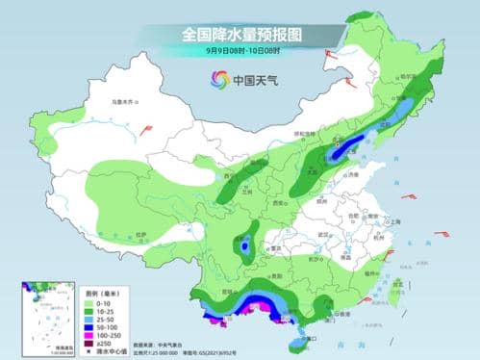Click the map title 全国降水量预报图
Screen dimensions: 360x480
(240, 33)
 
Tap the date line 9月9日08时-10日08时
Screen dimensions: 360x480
(240, 50)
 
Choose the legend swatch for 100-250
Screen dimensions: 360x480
(88, 330)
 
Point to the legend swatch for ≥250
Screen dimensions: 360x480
(88, 340)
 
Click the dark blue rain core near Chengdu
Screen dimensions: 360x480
(244, 246)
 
